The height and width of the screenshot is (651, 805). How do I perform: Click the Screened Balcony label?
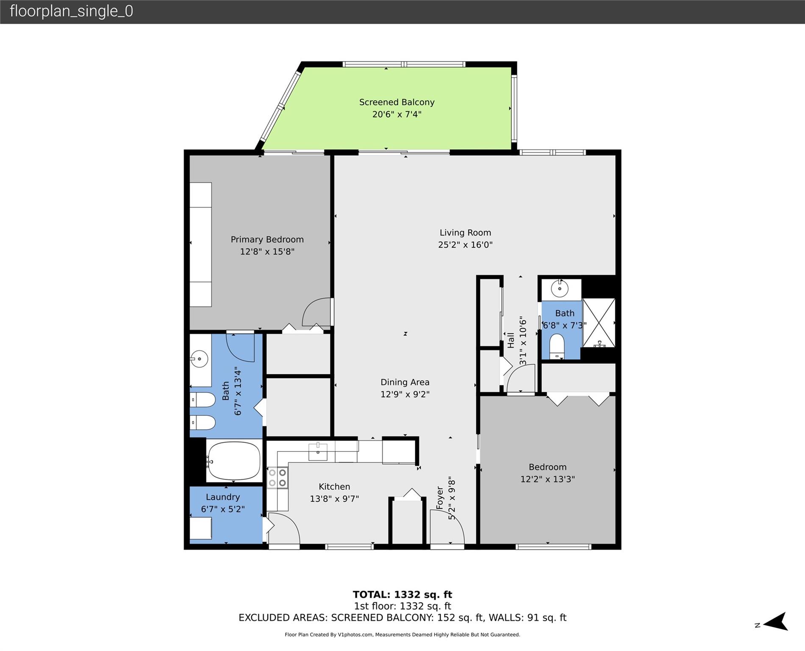pyautogui.click(x=397, y=102)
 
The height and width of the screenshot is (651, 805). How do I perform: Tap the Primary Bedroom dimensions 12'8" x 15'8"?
pyautogui.click(x=267, y=252)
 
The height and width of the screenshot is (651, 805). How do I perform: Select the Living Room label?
pyautogui.click(x=465, y=233)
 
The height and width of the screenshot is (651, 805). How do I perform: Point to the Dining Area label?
pyautogui.click(x=405, y=382)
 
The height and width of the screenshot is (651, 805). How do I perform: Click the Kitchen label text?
pyautogui.click(x=334, y=487)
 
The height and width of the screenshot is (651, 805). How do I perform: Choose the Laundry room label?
pyautogui.click(x=223, y=497)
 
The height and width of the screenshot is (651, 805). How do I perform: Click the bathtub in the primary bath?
pyautogui.click(x=233, y=461)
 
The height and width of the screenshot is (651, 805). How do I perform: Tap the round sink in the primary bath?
pyautogui.click(x=199, y=359)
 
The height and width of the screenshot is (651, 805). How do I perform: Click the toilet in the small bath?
pyautogui.click(x=557, y=345)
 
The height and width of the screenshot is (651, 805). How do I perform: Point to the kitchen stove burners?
pyautogui.click(x=278, y=478)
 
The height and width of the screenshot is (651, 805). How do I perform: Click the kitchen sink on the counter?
pyautogui.click(x=317, y=452)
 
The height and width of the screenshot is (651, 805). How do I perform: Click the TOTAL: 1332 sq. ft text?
pyautogui.click(x=402, y=595)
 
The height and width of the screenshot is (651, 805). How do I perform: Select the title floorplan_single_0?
pyautogui.click(x=71, y=11)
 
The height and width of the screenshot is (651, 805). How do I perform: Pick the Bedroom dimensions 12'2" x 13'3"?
pyautogui.click(x=547, y=479)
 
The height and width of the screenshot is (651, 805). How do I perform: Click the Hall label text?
pyautogui.click(x=511, y=340)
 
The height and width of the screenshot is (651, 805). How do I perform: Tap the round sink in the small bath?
pyautogui.click(x=560, y=289)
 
